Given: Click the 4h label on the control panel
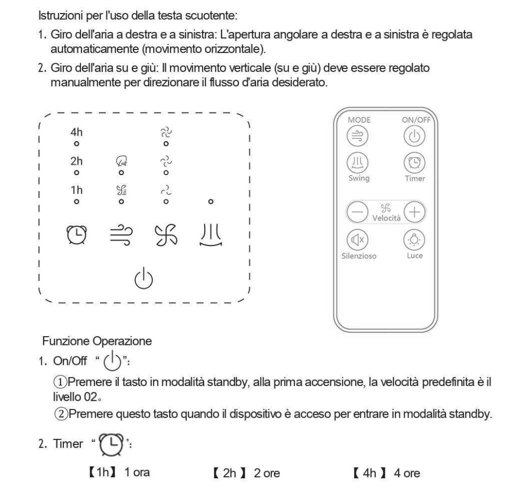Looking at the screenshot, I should click(x=77, y=132).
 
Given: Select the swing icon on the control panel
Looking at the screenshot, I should click(x=209, y=235).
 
